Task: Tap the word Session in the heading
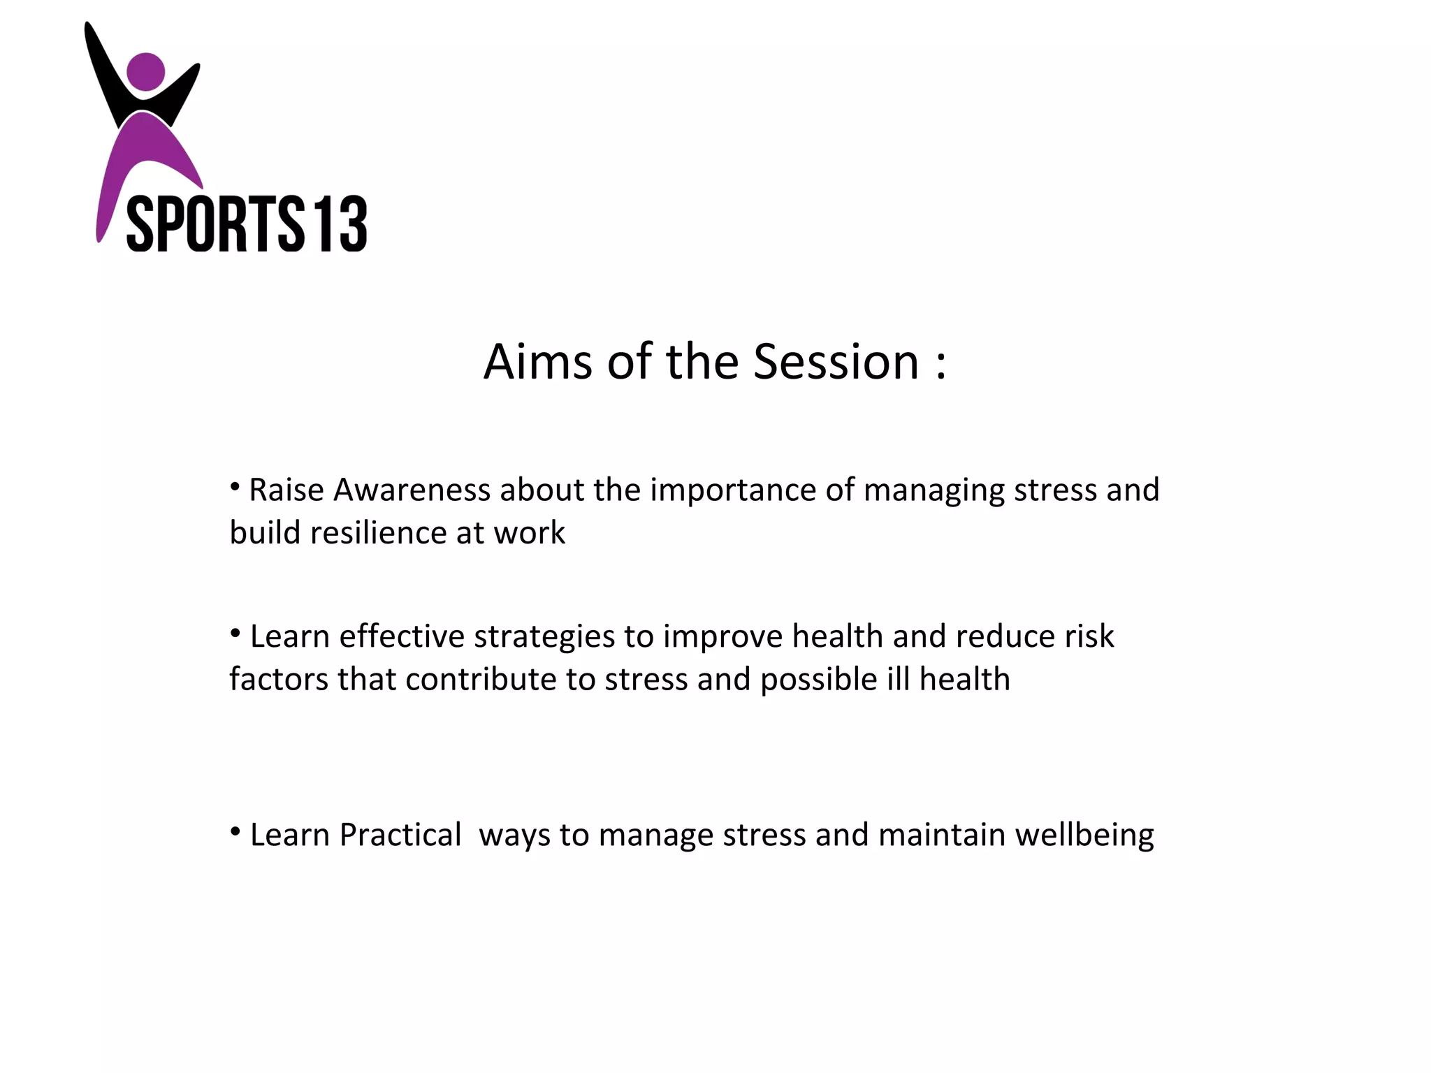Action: click(x=836, y=362)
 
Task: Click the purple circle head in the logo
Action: click(x=145, y=71)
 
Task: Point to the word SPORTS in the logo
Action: click(x=215, y=224)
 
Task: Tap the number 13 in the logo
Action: click(x=340, y=224)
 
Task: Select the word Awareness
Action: click(x=412, y=490)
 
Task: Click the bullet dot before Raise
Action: click(x=235, y=486)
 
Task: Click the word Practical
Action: click(x=400, y=835)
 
